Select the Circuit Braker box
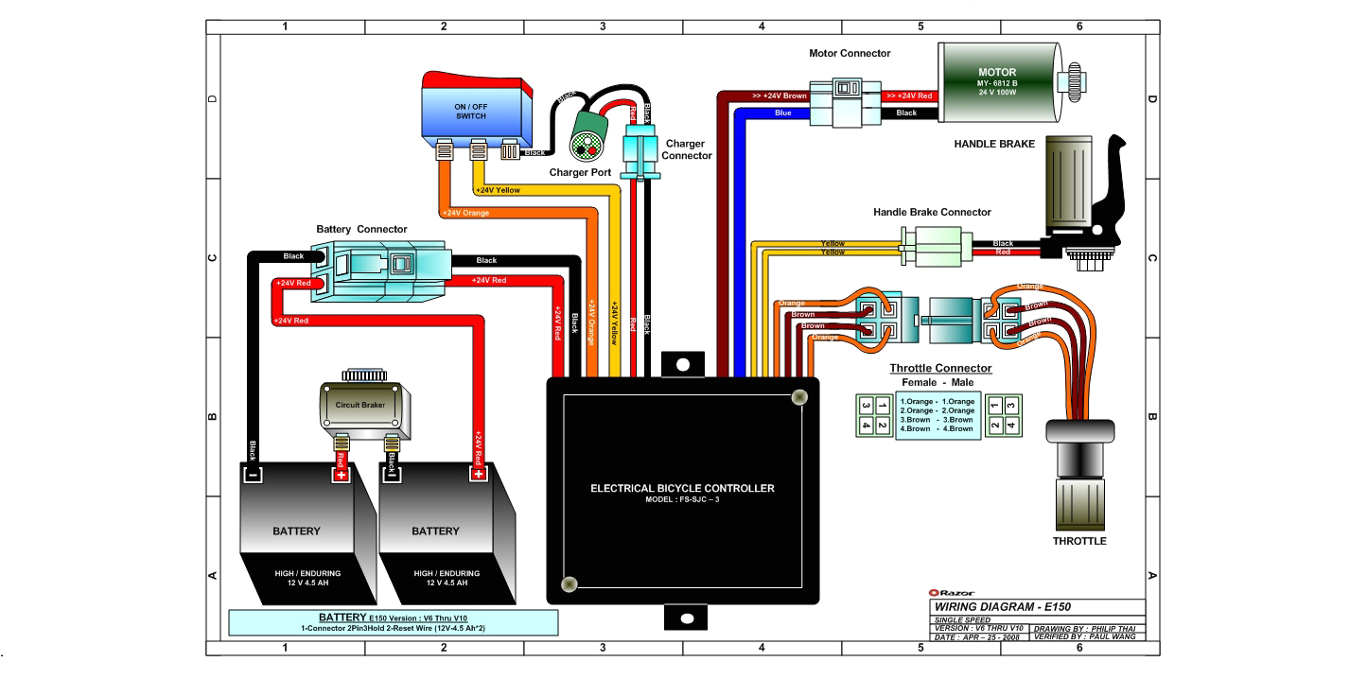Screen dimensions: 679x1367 pos(360,404)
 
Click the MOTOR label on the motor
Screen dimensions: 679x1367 pos(997,72)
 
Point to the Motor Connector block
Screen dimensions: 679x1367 pos(849,101)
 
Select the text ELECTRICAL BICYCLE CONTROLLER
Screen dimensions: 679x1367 pos(682,489)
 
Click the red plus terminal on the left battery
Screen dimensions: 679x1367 pos(340,476)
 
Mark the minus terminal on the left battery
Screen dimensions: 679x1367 pos(253,476)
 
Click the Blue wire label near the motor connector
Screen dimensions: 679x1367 pos(783,113)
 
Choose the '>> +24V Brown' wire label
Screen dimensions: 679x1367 pos(779,96)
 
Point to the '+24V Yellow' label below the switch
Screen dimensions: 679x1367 pos(498,190)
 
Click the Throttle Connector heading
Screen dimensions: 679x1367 pos(940,368)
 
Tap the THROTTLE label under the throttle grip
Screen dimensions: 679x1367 pos(1079,541)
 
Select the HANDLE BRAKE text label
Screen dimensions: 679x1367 pos(994,144)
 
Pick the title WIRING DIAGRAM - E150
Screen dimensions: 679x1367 pos(1002,607)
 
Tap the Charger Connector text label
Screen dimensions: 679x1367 pos(687,149)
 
